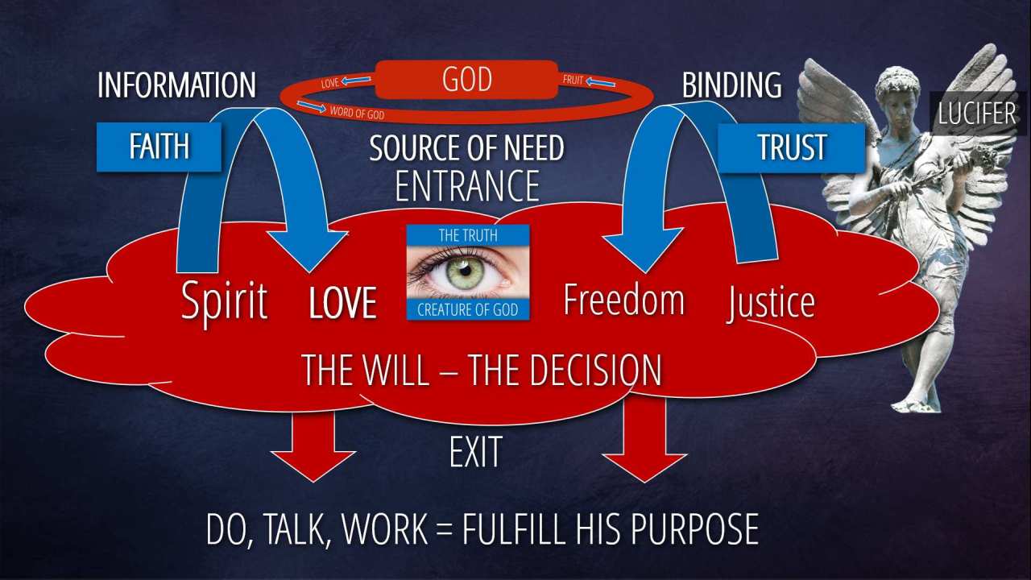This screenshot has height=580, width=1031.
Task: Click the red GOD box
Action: [467, 81]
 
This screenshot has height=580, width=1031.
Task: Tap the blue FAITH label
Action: [159, 147]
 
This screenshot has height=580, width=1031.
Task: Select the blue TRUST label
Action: [792, 147]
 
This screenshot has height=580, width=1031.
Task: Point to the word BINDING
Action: [731, 85]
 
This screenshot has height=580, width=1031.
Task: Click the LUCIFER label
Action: [976, 114]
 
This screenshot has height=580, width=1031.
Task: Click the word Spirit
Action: [224, 300]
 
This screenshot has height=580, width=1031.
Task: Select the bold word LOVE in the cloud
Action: [343, 303]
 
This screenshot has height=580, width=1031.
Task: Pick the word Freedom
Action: [623, 300]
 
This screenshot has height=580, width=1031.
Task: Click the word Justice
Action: [771, 302]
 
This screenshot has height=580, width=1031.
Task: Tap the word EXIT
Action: [475, 452]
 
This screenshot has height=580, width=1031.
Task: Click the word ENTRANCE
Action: [467, 185]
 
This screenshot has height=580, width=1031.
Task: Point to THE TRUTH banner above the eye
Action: [467, 235]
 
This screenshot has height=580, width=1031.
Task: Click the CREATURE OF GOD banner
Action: [467, 309]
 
